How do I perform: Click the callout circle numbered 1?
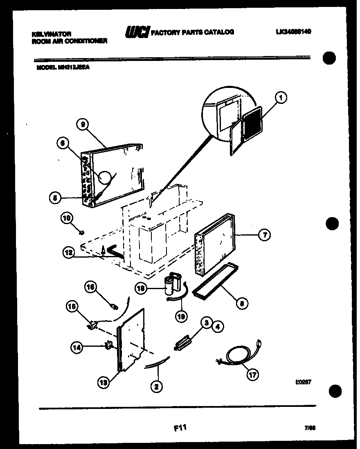point(281,97)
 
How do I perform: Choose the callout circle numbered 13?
point(104,382)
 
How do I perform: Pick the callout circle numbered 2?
point(156,385)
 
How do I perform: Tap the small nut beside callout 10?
point(81,232)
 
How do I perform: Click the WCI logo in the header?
point(137,32)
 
